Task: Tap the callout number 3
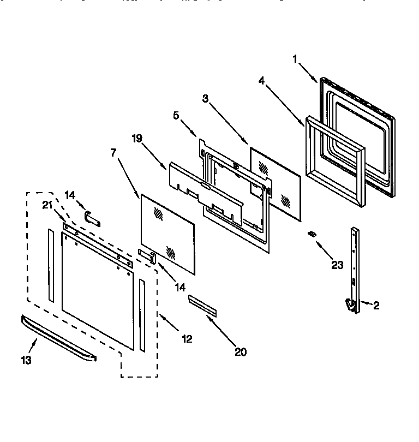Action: pos(205,99)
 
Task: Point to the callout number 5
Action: pos(176,116)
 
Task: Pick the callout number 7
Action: pos(113,153)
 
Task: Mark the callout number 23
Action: pos(337,265)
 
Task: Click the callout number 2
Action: pos(375,306)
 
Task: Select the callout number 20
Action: pos(240,352)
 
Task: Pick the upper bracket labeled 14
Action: pos(93,218)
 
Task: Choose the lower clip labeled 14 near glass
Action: pos(148,255)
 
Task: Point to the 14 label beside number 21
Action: pos(70,194)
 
